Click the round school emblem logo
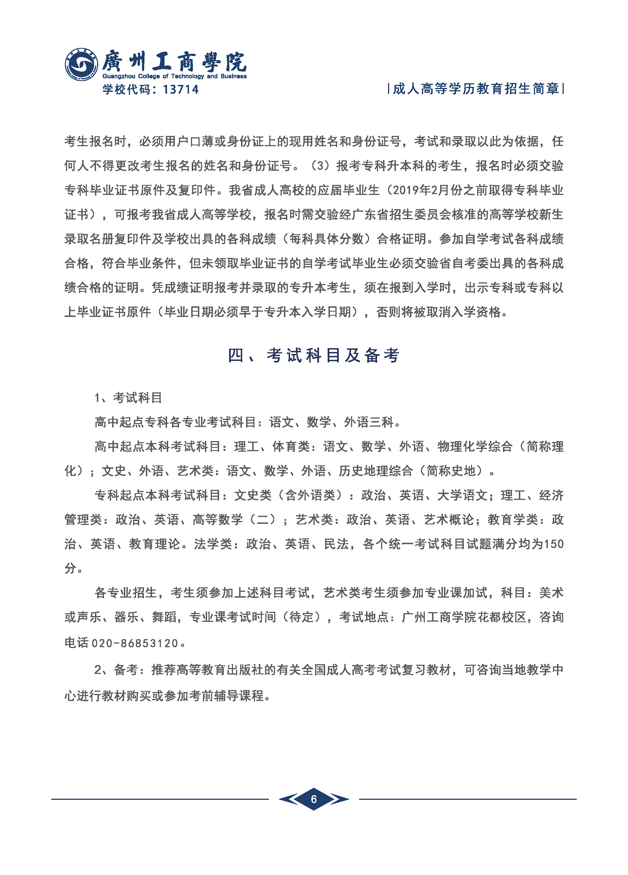(x=81, y=64)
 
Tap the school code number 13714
(x=181, y=89)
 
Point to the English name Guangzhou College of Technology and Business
(x=174, y=76)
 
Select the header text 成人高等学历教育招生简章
(x=476, y=89)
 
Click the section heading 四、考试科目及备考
(x=314, y=355)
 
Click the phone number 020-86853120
(x=134, y=643)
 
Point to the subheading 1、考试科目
(x=128, y=398)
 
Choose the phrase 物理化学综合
(x=474, y=446)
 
